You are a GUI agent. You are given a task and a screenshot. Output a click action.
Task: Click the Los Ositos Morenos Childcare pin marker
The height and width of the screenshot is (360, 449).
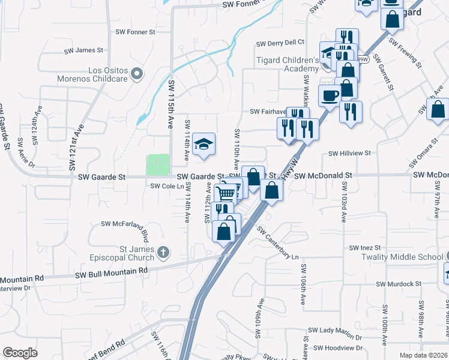pyautogui.click(x=137, y=74)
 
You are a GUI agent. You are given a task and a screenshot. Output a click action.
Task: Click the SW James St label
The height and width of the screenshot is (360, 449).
pyautogui.click(x=83, y=50)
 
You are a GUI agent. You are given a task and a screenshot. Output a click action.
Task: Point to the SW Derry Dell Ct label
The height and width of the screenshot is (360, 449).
pyautogui.click(x=280, y=43)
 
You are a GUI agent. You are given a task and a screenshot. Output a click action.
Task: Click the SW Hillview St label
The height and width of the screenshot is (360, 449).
pyautogui.click(x=350, y=154)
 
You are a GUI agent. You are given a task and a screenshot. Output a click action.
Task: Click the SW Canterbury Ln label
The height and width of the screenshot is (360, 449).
pyautogui.click(x=277, y=243)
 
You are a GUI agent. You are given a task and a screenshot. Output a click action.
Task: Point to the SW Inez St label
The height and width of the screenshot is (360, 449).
pyautogui.click(x=366, y=248)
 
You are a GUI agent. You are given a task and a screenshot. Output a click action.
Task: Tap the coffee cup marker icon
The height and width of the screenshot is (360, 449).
pyautogui.click(x=330, y=95)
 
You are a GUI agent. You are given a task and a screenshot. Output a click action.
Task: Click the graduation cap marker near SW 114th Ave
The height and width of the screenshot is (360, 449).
pyautogui.click(x=205, y=144)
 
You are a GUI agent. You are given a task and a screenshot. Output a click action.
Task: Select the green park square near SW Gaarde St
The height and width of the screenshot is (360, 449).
pyautogui.click(x=158, y=164)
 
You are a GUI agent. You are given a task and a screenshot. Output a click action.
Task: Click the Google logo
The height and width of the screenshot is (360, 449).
pyautogui.click(x=20, y=353)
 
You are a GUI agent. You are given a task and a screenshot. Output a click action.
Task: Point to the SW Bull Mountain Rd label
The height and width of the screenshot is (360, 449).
pyautogui.click(x=111, y=272)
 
